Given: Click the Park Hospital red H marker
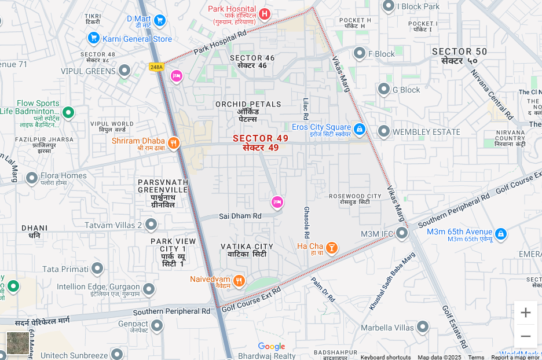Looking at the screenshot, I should [265, 13].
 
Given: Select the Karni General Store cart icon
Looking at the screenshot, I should [93, 38].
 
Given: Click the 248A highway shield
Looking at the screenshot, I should [156, 67].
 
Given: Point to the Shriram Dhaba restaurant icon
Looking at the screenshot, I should [173, 143].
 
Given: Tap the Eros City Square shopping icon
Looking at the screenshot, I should [360, 128].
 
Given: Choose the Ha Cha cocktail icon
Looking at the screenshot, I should [331, 248].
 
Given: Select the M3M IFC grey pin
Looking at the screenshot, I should [401, 233].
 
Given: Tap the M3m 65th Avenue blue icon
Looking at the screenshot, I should [501, 234].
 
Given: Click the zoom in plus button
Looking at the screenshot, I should [525, 313].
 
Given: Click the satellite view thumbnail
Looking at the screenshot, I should [17, 342].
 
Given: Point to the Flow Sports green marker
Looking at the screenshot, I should [68, 112].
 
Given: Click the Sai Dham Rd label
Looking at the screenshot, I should [240, 216].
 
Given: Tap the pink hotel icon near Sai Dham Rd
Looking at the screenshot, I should [277, 202].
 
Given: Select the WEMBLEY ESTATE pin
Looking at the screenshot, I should [383, 131].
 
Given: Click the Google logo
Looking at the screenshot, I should [272, 347].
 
